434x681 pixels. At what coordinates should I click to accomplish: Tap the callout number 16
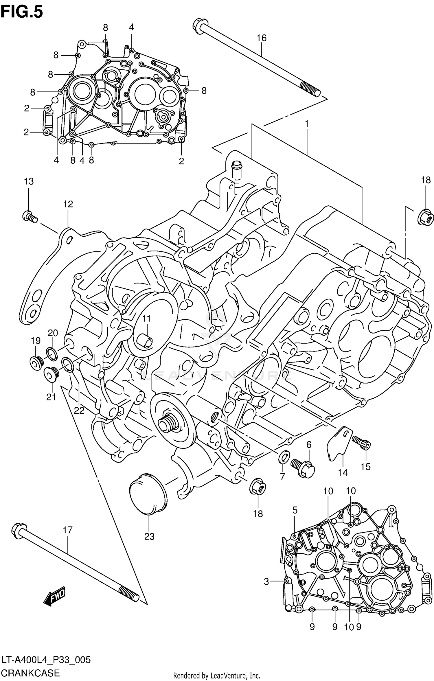261,38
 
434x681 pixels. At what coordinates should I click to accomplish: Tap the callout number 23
149,537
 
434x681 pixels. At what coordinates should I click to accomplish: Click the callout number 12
68,204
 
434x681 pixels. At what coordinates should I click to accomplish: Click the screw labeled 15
362,443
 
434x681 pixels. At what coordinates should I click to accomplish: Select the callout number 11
146,319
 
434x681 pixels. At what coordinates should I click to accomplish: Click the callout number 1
306,124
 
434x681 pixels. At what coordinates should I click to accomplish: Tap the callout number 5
295,510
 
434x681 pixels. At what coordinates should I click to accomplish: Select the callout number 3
266,581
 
